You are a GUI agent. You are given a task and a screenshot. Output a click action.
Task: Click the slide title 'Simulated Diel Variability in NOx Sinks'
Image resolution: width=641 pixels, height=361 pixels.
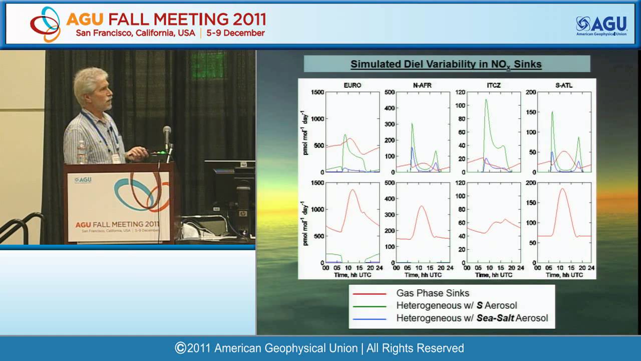(446, 64)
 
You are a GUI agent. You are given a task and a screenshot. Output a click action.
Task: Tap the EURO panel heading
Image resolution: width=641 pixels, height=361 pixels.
(352, 85)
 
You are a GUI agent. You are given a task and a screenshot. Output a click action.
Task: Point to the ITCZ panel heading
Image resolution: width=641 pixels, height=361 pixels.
(493, 85)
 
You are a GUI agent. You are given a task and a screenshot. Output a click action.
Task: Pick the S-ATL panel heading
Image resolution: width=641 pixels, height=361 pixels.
(564, 85)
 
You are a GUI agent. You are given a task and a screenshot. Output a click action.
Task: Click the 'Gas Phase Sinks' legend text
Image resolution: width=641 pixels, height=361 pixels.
(433, 293)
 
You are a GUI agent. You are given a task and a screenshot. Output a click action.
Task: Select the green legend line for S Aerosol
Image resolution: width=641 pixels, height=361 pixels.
(370, 306)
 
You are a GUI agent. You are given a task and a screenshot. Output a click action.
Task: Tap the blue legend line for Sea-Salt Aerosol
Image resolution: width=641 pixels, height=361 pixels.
(370, 318)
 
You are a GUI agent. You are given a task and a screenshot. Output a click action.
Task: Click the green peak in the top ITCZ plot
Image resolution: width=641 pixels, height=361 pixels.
(486, 100)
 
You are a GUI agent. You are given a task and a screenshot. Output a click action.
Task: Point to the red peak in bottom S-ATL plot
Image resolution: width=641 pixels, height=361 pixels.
(562, 189)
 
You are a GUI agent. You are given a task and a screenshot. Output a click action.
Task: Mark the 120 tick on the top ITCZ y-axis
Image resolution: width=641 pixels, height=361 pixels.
(460, 92)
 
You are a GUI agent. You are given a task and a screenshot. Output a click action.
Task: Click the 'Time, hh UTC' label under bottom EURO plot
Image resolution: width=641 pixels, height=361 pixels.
(353, 275)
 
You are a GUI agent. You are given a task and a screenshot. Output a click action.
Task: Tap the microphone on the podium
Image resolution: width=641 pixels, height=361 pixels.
(167, 132)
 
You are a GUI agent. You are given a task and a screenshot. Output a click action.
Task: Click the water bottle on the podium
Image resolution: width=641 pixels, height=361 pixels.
(82, 153)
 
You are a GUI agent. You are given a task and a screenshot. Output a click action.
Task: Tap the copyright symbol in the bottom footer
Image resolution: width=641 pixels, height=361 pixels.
(180, 348)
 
